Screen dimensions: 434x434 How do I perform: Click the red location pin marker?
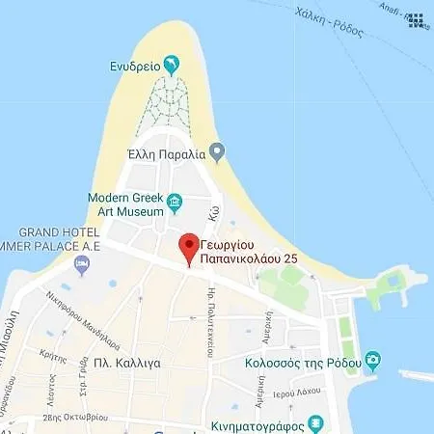(189, 247)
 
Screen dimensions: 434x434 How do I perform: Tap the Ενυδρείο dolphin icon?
(172, 66)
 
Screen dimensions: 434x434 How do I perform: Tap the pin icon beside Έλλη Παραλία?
(218, 151)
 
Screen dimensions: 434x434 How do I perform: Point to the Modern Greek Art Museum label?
(122, 203)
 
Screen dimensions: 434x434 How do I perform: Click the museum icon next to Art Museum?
(175, 203)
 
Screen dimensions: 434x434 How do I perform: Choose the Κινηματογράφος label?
(256, 424)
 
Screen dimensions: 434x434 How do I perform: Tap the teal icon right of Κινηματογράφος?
(314, 424)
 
